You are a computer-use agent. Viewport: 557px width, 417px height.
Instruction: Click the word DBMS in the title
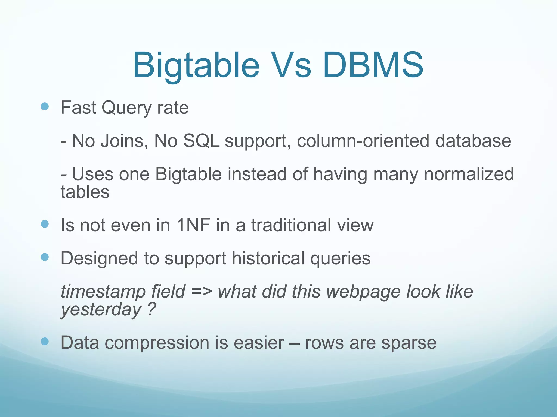(x=373, y=65)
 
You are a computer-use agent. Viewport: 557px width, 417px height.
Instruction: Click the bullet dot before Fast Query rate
(x=45, y=106)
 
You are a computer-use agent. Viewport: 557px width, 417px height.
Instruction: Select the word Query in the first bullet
(x=126, y=108)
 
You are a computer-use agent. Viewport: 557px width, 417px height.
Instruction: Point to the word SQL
(x=201, y=141)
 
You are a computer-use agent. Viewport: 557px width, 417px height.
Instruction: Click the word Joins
(x=122, y=141)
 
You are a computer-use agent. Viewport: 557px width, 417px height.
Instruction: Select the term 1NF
(x=193, y=225)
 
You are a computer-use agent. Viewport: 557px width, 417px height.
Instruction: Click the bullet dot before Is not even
(x=45, y=224)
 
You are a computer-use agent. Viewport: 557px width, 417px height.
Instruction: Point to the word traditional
(x=291, y=225)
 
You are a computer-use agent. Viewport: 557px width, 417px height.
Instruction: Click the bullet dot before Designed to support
(x=45, y=257)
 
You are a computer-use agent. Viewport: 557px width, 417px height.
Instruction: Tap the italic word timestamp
(x=103, y=292)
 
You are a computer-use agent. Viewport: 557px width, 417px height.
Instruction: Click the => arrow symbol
(x=201, y=292)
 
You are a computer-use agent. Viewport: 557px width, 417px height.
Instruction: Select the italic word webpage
(x=363, y=292)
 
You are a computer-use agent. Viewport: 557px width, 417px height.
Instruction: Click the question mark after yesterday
(x=152, y=309)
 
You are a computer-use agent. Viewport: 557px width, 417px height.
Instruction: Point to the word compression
(x=157, y=343)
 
